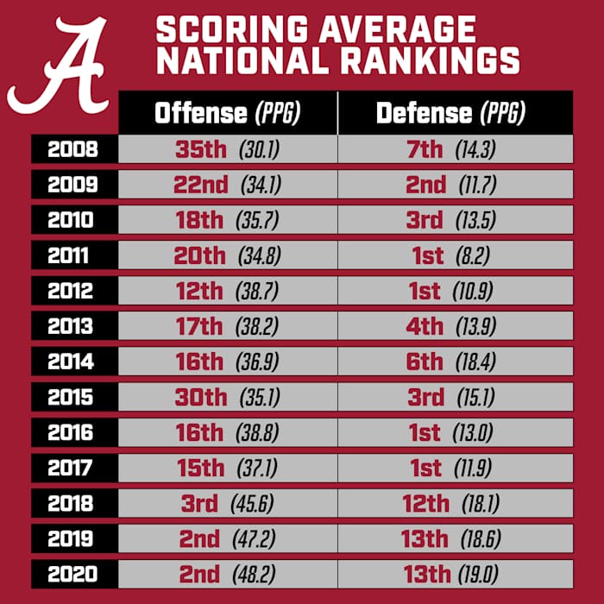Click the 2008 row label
pyautogui.click(x=72, y=149)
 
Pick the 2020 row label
pyautogui.click(x=72, y=574)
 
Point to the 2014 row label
pyautogui.click(x=72, y=362)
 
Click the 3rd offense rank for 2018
pyautogui.click(x=199, y=503)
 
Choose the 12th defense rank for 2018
pyautogui.click(x=425, y=503)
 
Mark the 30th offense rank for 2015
pyautogui.click(x=199, y=397)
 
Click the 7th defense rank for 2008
pyautogui.click(x=425, y=149)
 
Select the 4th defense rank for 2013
pyautogui.click(x=425, y=326)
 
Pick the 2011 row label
pyautogui.click(x=72, y=255)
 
